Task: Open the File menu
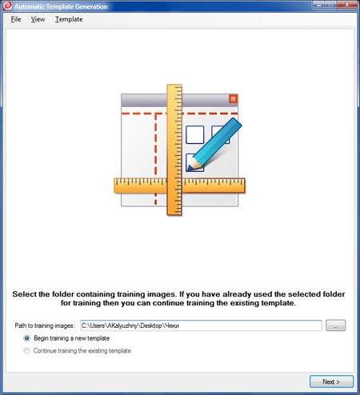[x=16, y=19]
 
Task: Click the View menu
[x=38, y=19]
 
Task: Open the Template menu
[x=69, y=19]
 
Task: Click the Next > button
[x=331, y=381]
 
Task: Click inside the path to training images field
[x=201, y=325]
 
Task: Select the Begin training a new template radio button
[x=26, y=338]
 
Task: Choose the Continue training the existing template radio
[x=26, y=351]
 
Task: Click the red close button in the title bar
[x=347, y=5]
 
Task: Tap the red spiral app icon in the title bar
[x=7, y=6]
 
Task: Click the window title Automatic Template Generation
[x=61, y=6]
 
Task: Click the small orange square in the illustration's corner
[x=233, y=99]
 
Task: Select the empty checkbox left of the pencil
[x=195, y=135]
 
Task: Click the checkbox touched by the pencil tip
[x=194, y=162]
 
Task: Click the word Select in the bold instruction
[x=24, y=294]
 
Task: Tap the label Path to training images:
[x=45, y=325]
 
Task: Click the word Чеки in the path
[x=172, y=325]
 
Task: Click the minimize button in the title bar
[x=318, y=5]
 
